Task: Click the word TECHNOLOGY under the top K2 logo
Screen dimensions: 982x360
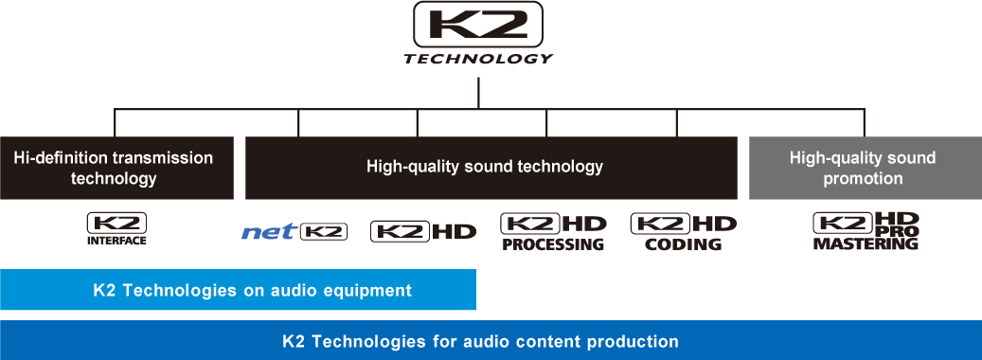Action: [478, 59]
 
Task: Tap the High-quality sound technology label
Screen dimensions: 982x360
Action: [485, 167]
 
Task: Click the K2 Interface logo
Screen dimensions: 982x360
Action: [116, 229]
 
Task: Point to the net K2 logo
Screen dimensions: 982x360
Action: [295, 231]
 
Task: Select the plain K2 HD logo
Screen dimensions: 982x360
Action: [423, 231]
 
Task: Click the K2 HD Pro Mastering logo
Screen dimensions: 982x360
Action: [866, 231]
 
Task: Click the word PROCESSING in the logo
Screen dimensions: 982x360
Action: [552, 244]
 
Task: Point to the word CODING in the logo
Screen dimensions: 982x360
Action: [683, 244]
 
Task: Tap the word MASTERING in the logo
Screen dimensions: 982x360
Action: [866, 244]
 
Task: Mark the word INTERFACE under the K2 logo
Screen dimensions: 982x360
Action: [116, 241]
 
